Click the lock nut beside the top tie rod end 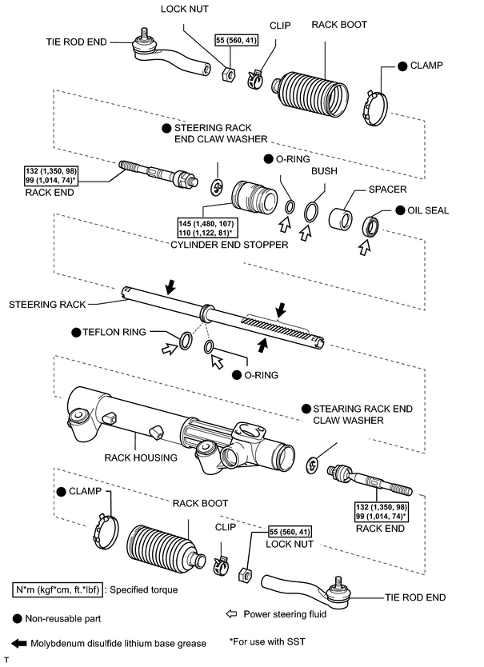[x=229, y=74]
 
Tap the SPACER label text [x=387, y=189]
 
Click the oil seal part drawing [x=370, y=226]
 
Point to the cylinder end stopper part [x=254, y=198]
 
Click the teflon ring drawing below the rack [x=186, y=340]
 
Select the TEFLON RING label [x=114, y=332]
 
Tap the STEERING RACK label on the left [x=47, y=305]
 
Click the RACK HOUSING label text [x=141, y=457]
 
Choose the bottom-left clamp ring [x=106, y=532]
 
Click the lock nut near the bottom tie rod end [x=244, y=574]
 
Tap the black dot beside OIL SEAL [x=400, y=210]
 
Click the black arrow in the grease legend [x=18, y=643]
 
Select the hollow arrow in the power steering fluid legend [x=231, y=614]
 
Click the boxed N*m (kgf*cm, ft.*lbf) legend [x=58, y=590]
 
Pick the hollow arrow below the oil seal [x=364, y=247]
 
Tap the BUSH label [x=324, y=171]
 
